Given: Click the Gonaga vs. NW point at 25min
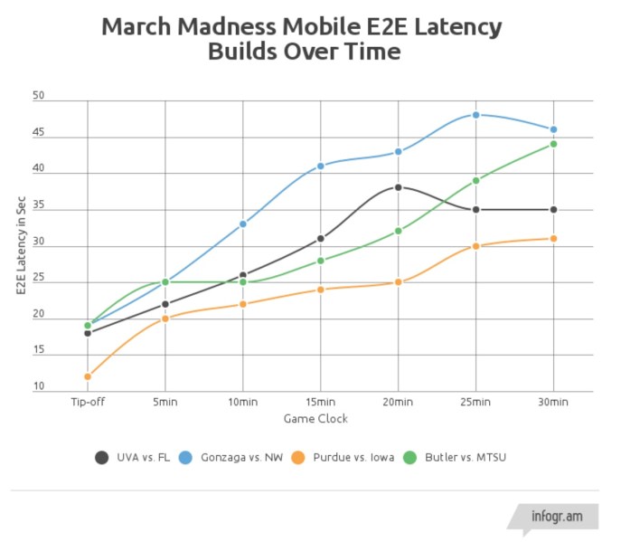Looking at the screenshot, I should [475, 115].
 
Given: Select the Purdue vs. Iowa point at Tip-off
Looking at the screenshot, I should [88, 376].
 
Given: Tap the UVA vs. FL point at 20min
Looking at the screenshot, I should [398, 187].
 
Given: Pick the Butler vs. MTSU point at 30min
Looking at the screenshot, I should [553, 144].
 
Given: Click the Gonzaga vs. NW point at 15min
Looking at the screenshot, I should [320, 166].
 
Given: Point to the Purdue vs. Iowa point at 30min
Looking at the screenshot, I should [553, 238].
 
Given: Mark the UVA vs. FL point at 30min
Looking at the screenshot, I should [553, 209].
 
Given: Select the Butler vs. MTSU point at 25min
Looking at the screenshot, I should [475, 180].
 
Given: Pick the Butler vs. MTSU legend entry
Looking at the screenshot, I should [466, 457].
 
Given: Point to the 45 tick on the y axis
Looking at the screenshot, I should [38, 131].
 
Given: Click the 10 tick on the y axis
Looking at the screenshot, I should [38, 386].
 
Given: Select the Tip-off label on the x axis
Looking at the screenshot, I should [88, 402].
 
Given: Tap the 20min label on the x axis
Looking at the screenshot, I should [398, 402].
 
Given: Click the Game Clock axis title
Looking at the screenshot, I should [315, 419].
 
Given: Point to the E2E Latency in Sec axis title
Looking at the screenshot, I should [20, 245].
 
